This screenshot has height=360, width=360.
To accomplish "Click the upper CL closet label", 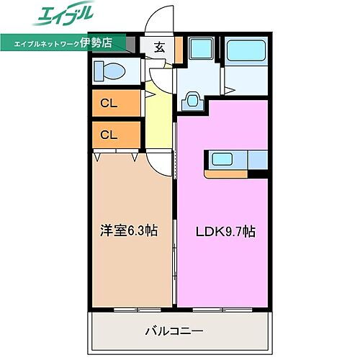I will click(109, 103).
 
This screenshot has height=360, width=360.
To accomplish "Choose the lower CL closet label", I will click(109, 134).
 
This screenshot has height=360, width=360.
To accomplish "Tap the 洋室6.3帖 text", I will click(129, 230).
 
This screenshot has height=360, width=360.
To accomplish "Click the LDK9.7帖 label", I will click(224, 231).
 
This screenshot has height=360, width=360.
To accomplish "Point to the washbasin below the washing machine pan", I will click(192, 99).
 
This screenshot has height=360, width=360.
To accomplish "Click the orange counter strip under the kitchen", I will click(226, 173).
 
